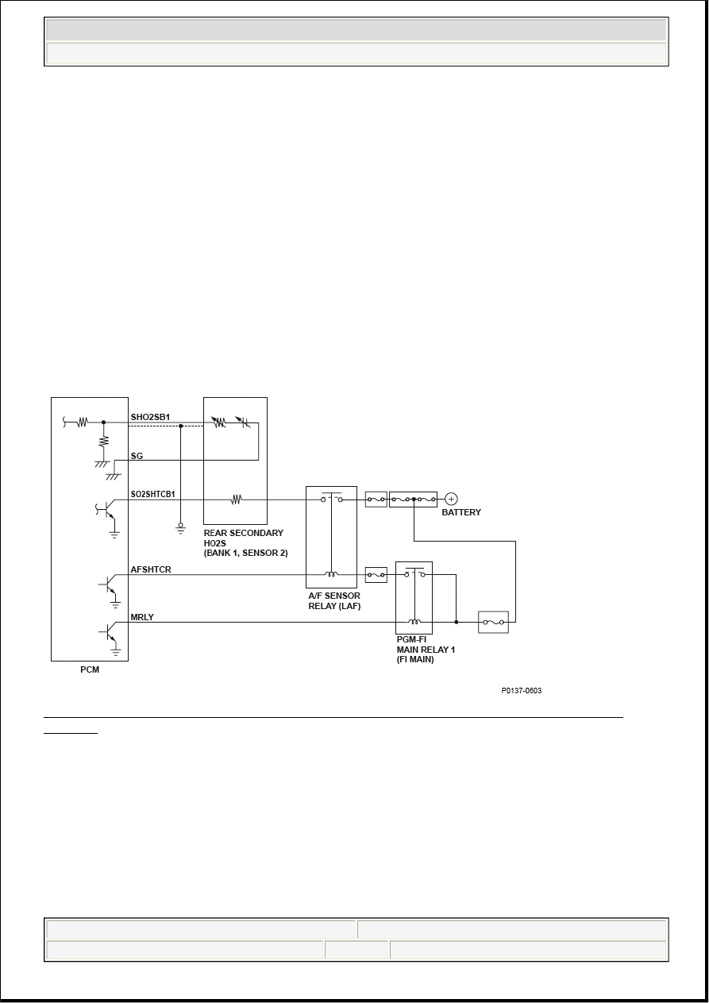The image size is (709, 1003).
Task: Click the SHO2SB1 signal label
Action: coord(150,417)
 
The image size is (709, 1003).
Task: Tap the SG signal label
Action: coord(137,456)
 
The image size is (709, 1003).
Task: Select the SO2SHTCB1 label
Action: coord(152,494)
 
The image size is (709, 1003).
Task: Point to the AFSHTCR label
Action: coord(150,569)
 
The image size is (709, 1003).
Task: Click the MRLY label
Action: coord(142,617)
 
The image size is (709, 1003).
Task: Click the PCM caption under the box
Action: coord(90,669)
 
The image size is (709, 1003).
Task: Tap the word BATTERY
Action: coord(461,512)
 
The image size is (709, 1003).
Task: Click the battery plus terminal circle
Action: coord(451,499)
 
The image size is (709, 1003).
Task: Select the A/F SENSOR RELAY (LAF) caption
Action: coord(334,601)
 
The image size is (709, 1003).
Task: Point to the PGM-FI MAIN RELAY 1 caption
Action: coord(426,650)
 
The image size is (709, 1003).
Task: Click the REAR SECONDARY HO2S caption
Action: coord(245,542)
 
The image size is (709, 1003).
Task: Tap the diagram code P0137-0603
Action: coord(521,690)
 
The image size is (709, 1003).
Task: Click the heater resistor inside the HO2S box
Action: coord(237,500)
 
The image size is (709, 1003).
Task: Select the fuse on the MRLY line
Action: coord(493,622)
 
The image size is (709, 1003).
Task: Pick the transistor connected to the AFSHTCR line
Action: coord(109,585)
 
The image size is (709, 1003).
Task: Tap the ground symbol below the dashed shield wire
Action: coord(180,529)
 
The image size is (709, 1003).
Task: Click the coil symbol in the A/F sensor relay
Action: coord(332,574)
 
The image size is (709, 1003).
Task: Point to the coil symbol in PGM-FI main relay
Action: coord(414,622)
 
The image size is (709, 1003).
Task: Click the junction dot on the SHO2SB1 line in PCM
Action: coord(103,422)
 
